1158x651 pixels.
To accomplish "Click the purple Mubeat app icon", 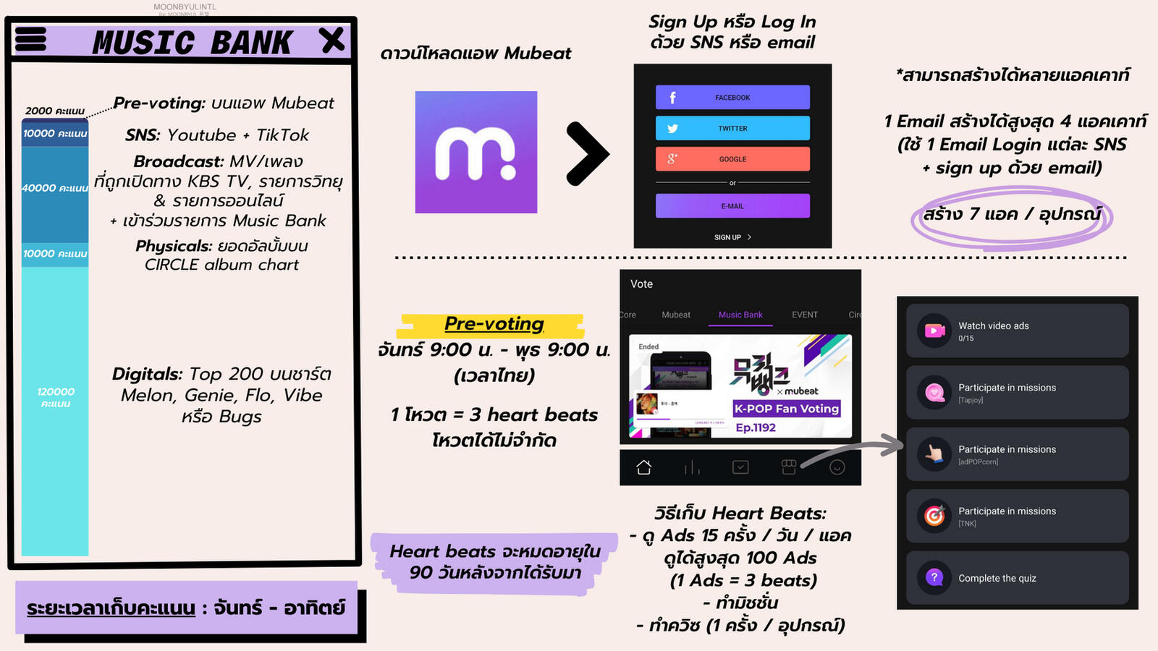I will coord(476,152).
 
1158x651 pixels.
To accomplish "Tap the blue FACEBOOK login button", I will coord(732,97).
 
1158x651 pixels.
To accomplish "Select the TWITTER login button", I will coord(732,128).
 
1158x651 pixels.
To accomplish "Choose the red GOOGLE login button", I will coord(732,158).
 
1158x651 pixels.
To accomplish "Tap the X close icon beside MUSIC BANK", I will coord(332,40).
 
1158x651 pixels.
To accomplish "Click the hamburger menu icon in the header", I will coord(30,40).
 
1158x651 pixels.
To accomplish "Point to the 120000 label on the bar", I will coord(55,396).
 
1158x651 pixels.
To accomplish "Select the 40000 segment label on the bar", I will coord(54,188).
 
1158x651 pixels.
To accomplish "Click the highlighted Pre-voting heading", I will coord(494,323).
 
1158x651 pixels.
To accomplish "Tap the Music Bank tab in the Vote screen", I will coord(740,315).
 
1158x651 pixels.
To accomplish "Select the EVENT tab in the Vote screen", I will coord(804,315).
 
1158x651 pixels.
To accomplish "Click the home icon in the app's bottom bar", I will coord(643,467).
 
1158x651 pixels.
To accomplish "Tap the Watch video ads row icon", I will coord(934,331).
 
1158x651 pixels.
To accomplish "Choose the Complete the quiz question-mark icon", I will coord(934,577).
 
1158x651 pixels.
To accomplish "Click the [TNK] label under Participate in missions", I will coord(967,524).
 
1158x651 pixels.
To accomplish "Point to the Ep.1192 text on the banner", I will coord(756,427).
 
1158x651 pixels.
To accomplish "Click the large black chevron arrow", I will coord(587,153).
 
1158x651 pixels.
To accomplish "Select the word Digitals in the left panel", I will coord(147,374).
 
